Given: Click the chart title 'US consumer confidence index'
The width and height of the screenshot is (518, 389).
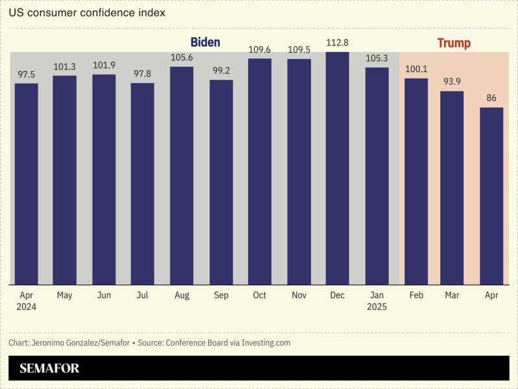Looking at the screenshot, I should pos(87,13).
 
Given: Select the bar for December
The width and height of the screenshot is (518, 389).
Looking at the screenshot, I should pos(337,169).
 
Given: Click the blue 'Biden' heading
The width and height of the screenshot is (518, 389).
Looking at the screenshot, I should pos(205,43).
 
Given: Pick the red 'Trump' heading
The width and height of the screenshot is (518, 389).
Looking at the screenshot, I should pos(454,43).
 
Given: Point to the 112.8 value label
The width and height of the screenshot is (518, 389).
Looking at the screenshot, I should pos(337,43).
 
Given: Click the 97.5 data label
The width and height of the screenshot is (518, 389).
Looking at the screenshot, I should pos(27,75).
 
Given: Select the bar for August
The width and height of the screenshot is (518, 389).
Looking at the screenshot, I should pos(182,175).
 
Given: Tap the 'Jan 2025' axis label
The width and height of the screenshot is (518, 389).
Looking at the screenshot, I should pos(376,301).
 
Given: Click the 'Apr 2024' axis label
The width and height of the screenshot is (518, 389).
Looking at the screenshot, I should pos(27,301).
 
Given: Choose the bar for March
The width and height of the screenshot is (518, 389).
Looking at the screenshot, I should pos(452,188).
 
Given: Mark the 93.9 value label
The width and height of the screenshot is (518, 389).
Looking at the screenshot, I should pos(452,82).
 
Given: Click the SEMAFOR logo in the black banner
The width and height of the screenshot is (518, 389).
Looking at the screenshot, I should pos(49,369).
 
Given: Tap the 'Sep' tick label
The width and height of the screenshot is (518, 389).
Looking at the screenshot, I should pos(221,295).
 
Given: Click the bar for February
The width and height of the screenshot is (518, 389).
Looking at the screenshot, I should pos(416,182).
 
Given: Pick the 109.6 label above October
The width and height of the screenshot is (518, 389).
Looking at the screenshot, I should pos(259,49).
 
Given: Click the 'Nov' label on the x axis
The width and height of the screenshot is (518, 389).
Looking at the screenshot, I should pos(299,295).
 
